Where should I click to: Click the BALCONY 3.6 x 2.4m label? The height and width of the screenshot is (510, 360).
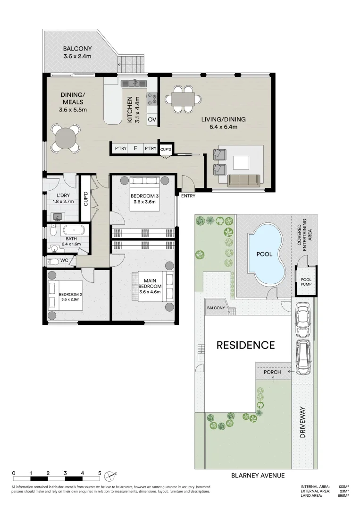(78, 52)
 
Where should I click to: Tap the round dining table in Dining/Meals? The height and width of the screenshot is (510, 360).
(65, 139)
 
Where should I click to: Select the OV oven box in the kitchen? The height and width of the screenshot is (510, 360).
(152, 120)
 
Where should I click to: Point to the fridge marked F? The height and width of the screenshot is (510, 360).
(135, 149)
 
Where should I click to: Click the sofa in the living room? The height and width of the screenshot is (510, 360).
(243, 180)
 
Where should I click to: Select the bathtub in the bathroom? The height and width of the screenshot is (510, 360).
(75, 231)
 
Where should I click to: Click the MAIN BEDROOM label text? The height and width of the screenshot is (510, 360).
(150, 284)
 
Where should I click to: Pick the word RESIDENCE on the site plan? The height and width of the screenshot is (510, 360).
(245, 345)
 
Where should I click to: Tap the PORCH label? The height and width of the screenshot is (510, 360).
(272, 372)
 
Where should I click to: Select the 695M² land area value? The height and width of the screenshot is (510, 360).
(343, 495)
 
